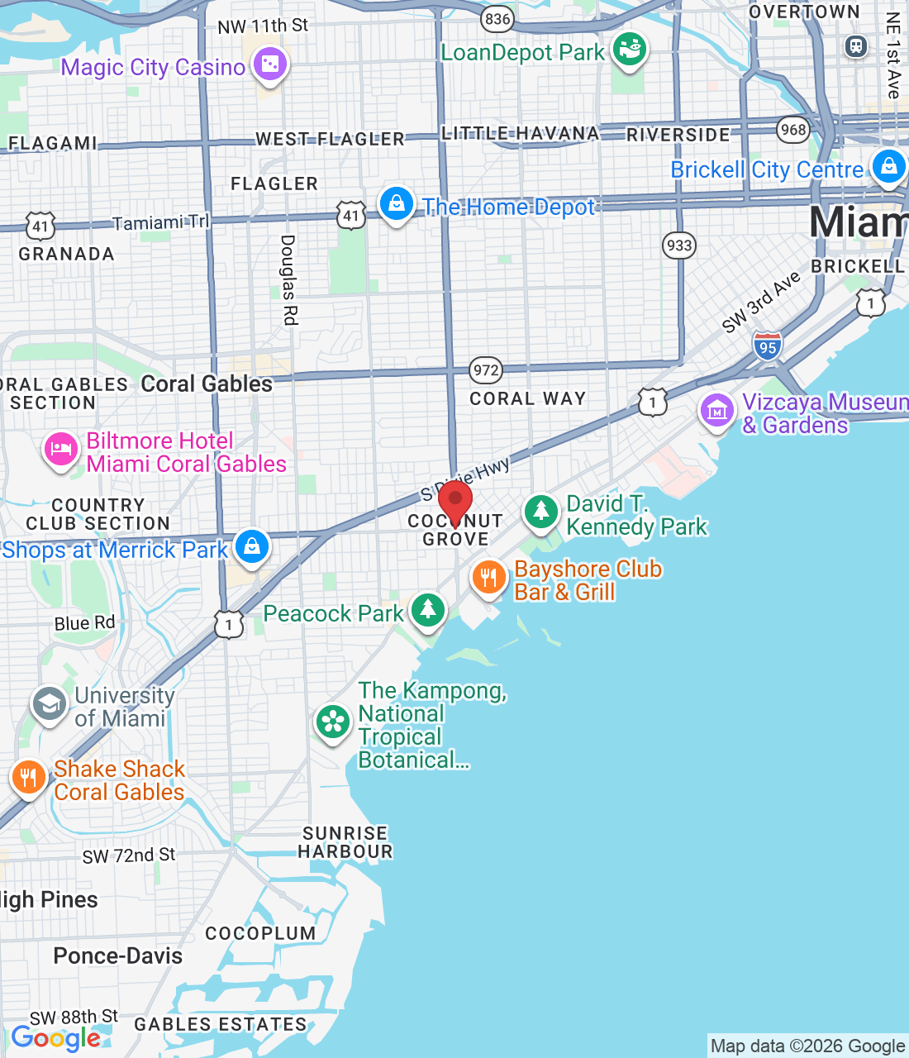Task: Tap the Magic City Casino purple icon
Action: click(270, 64)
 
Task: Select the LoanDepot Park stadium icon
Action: click(630, 50)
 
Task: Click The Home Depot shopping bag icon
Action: click(396, 203)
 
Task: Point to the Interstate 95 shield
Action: click(768, 346)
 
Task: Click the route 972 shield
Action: click(486, 369)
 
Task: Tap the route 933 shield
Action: click(678, 245)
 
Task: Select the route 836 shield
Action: click(497, 19)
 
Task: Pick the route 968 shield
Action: click(793, 130)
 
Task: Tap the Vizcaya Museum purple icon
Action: click(716, 410)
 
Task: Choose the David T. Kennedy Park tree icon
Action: click(541, 512)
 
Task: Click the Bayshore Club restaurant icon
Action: click(488, 577)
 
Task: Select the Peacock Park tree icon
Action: click(427, 610)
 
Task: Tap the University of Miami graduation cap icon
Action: click(50, 704)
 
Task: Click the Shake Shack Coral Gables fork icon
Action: click(28, 777)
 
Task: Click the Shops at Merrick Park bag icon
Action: click(252, 546)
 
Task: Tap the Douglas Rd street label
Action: click(288, 279)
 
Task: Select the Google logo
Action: click(56, 1038)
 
